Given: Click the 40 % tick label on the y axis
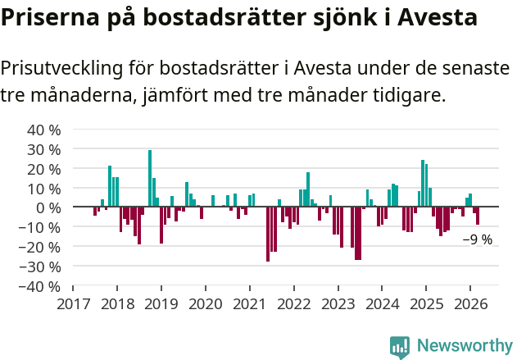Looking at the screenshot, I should click(x=44, y=130).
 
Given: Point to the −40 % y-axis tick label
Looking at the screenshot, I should click(x=42, y=287).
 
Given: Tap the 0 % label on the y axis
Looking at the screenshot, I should click(x=48, y=208).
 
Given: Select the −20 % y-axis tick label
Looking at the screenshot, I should click(x=42, y=248).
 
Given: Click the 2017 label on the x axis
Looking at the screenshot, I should click(x=73, y=303).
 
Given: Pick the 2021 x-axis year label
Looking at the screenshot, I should click(x=249, y=303).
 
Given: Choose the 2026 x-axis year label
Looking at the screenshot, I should click(x=469, y=303).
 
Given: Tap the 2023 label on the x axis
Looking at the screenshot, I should click(x=338, y=303).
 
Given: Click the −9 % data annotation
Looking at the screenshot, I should click(x=478, y=240).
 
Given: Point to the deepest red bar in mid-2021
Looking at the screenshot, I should click(x=268, y=234).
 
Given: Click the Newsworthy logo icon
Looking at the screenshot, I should click(x=399, y=347).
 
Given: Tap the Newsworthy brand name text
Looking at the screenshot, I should click(x=465, y=347).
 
